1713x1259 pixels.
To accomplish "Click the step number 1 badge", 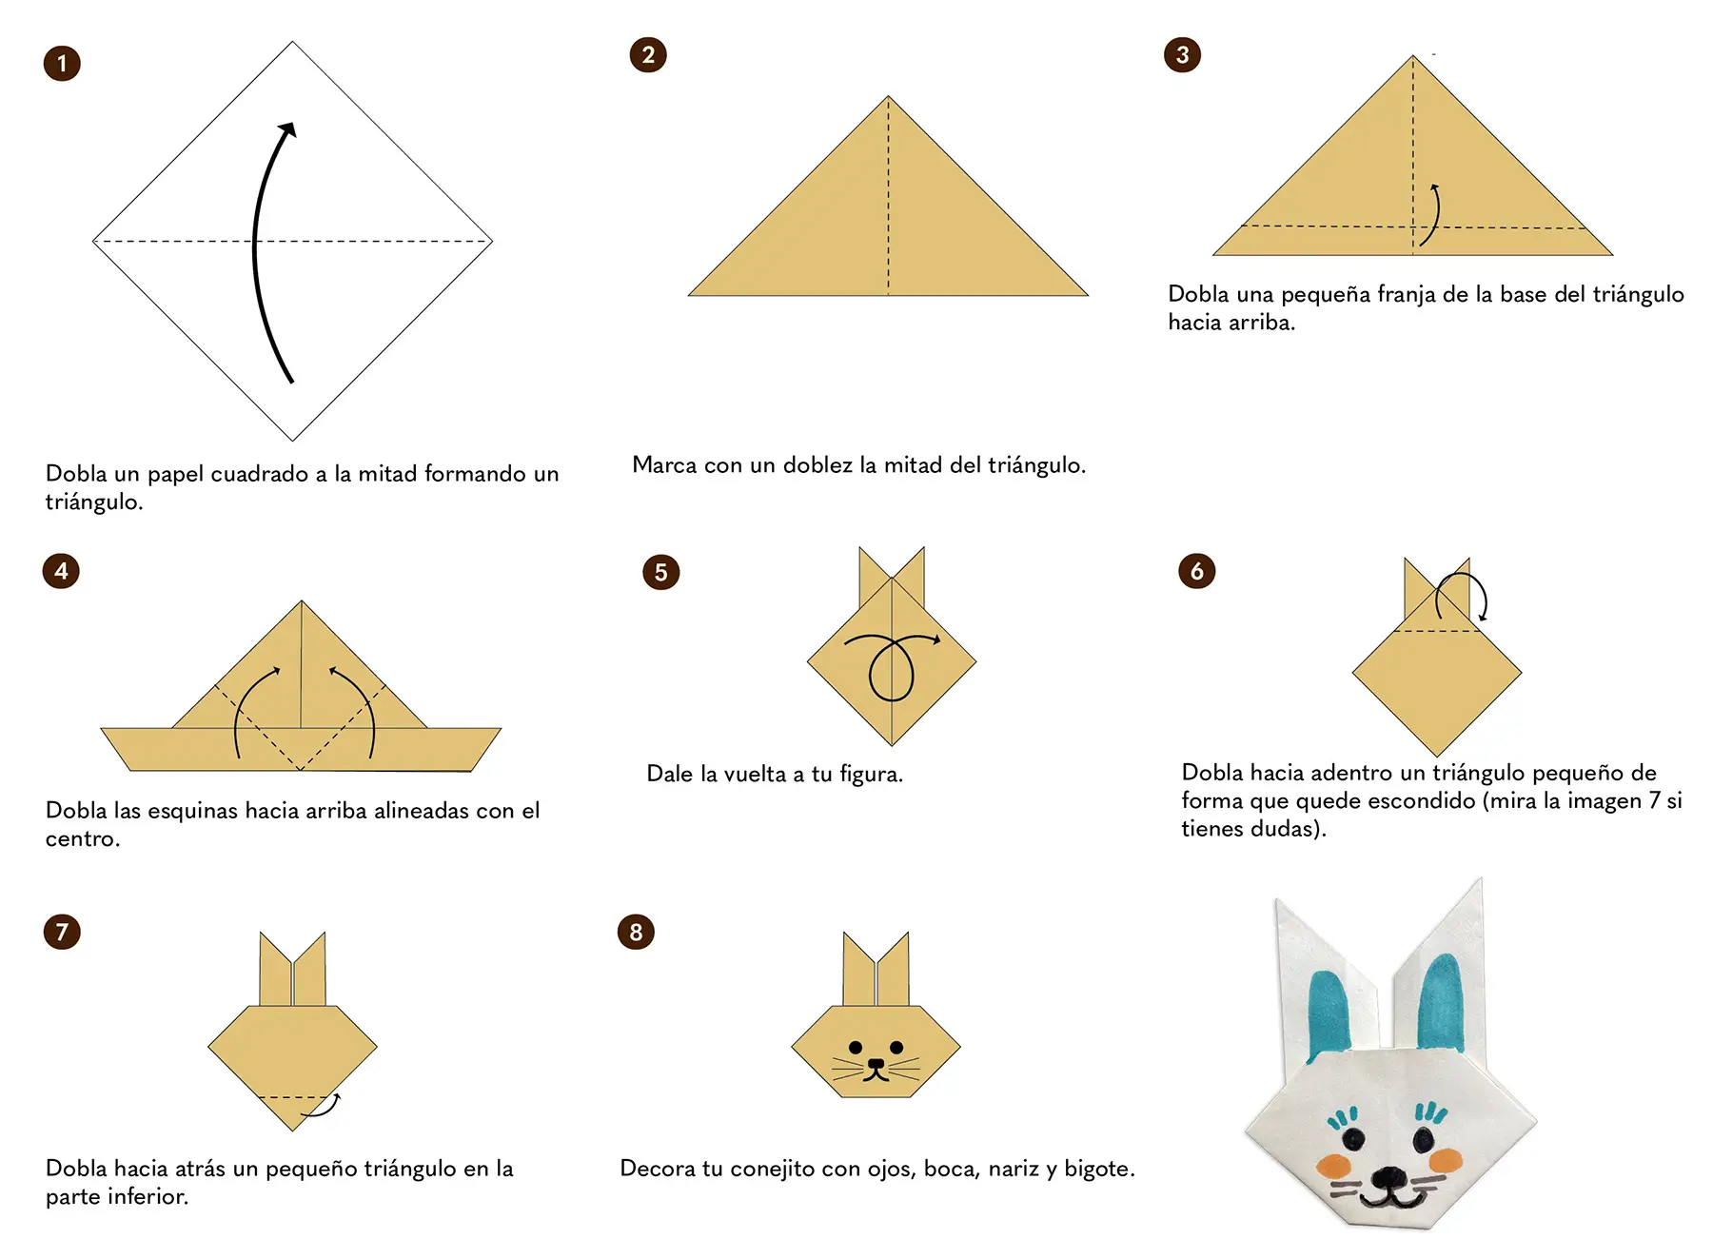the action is (x=62, y=64).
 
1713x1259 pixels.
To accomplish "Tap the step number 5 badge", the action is (x=661, y=572).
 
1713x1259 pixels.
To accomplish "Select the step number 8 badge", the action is (x=636, y=932).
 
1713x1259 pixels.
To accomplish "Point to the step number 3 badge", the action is (x=1182, y=54).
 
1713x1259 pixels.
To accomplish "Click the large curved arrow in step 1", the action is (x=254, y=247).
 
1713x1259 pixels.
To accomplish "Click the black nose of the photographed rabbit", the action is (x=1388, y=1177).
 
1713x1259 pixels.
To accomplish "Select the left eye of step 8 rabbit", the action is (x=856, y=1048).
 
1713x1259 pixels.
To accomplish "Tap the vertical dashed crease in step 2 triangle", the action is (x=888, y=195).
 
